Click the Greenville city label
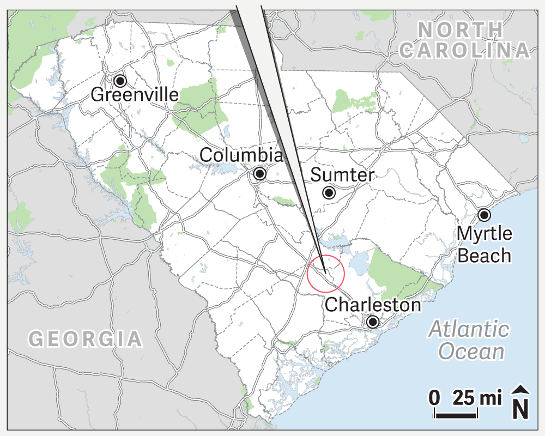point(134,95)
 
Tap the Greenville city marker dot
point(120,81)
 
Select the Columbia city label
point(241,155)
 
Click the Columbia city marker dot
point(260,174)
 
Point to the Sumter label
point(342,175)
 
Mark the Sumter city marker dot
point(329,192)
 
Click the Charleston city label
point(373,305)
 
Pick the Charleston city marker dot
point(373,322)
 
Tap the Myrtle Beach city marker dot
point(484,215)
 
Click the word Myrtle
point(485,234)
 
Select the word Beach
point(485,255)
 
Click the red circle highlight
point(325,274)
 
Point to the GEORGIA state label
point(86,339)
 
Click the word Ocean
point(471,352)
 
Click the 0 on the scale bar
point(434,398)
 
